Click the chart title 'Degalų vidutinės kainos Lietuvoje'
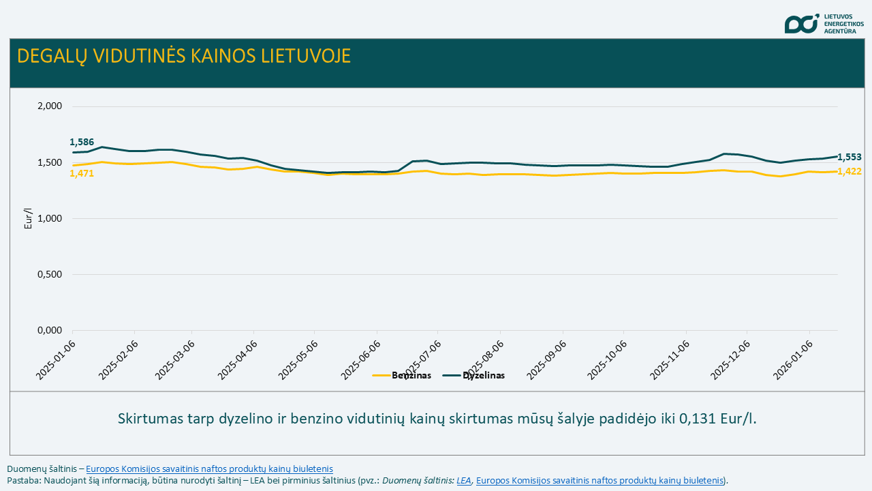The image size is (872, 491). [x=184, y=56]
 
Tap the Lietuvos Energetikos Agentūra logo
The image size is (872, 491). [x=824, y=23]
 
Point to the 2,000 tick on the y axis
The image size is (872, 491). [x=48, y=106]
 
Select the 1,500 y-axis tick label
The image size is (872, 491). [x=48, y=162]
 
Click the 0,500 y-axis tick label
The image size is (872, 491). [x=48, y=274]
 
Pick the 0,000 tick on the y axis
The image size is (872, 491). [x=48, y=330]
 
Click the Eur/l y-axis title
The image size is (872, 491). [x=29, y=218]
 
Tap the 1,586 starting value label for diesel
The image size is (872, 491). [x=82, y=142]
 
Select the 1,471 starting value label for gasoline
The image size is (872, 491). [x=82, y=174]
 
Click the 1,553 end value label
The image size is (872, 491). [x=849, y=157]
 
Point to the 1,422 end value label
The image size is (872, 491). [x=849, y=171]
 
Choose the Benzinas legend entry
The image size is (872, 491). [x=402, y=375]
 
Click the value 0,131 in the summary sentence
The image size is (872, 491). [x=697, y=418]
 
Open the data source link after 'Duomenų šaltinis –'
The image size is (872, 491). [x=209, y=468]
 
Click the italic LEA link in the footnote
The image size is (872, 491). [x=464, y=480]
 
